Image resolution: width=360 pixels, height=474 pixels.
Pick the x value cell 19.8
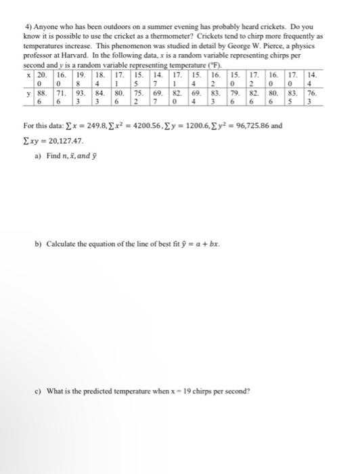(79, 76)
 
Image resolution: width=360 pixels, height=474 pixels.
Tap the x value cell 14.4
(312, 76)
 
